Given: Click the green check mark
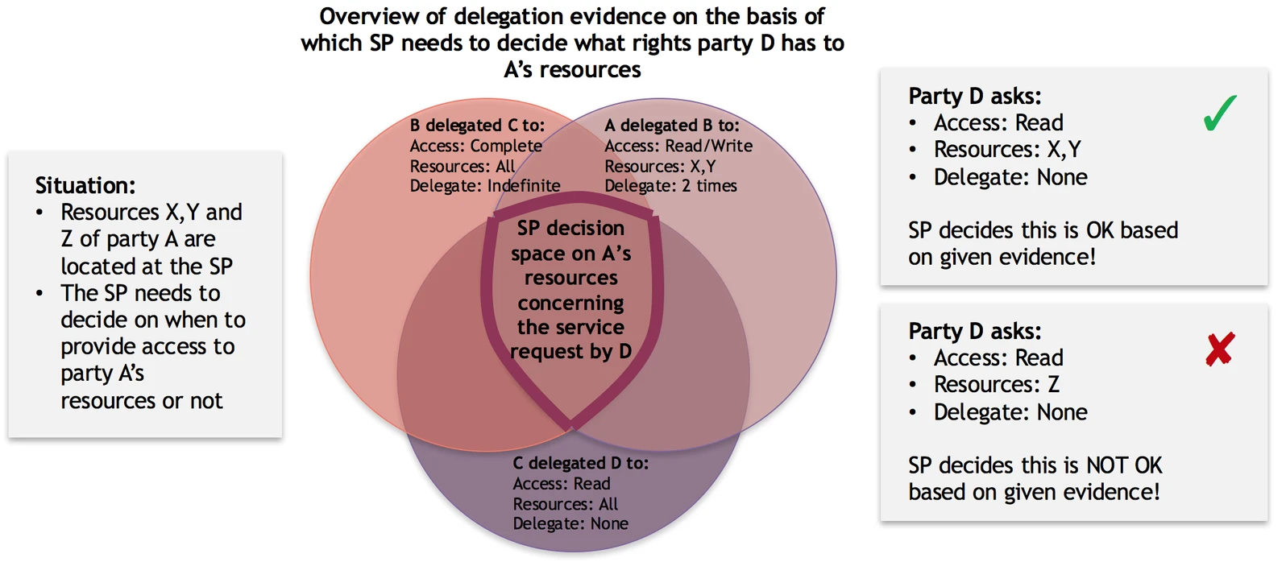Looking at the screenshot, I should (x=1220, y=113).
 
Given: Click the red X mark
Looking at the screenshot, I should (x=1220, y=349).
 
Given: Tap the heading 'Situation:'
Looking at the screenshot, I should (x=85, y=186).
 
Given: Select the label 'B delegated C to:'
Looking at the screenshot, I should (x=477, y=126).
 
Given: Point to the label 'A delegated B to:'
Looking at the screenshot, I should (x=671, y=126).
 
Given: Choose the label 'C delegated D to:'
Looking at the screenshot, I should (x=580, y=464).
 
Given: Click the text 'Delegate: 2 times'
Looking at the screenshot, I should (x=670, y=186).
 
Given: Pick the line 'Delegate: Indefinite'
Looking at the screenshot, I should (x=484, y=186).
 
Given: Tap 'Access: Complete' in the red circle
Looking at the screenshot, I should (x=475, y=146).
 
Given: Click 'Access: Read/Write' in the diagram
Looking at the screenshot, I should (x=678, y=146).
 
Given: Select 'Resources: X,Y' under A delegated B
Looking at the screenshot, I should (x=660, y=166).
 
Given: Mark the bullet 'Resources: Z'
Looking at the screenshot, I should (x=996, y=385).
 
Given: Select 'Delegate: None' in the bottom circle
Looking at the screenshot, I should (x=570, y=524).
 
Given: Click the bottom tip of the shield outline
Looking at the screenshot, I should (x=570, y=424).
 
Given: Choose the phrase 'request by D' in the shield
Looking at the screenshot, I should (x=570, y=352).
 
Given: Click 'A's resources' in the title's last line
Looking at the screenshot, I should (x=572, y=70).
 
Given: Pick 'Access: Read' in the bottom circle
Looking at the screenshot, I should (x=562, y=484).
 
